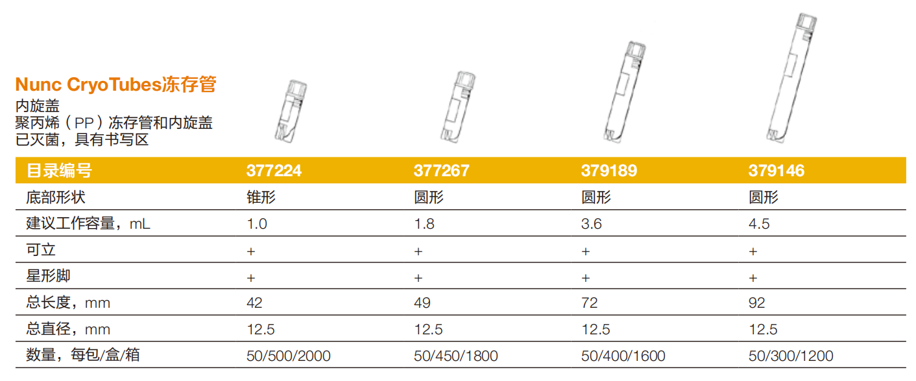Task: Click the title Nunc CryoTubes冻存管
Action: click(115, 84)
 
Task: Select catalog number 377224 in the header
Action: click(274, 170)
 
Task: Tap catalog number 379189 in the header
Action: click(609, 170)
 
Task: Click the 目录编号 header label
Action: click(59, 170)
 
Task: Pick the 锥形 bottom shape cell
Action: click(261, 197)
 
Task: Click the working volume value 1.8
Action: click(424, 224)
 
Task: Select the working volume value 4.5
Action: click(759, 224)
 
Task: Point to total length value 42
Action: click(254, 303)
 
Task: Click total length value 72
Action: click(589, 303)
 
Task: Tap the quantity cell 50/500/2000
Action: click(288, 356)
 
